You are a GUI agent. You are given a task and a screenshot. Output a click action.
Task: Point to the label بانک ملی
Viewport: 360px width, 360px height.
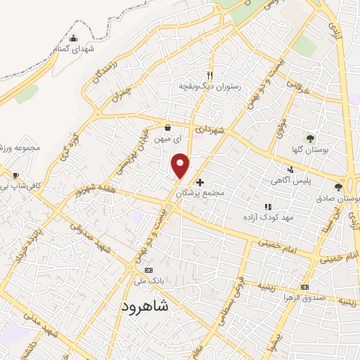(x=148, y=281)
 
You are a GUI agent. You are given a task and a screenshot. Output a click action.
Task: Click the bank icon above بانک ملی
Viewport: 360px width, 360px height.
(x=148, y=270)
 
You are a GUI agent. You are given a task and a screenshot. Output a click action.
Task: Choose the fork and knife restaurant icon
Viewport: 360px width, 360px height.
(x=210, y=75)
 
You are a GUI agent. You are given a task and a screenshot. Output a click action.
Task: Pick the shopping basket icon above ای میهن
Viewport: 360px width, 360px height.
(x=168, y=128)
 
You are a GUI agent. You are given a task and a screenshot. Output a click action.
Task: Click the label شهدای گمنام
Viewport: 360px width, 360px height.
(x=74, y=49)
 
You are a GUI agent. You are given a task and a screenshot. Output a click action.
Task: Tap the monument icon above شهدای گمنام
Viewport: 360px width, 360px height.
(x=75, y=39)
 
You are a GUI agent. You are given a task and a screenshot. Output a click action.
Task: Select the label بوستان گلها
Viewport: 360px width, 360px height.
(x=310, y=149)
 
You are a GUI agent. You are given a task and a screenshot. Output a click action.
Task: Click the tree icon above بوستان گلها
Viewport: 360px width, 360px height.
(x=310, y=138)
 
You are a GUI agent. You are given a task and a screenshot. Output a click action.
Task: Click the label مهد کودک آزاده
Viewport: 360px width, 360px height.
(x=268, y=218)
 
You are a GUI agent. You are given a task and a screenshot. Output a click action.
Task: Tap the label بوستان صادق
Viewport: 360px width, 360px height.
(x=339, y=198)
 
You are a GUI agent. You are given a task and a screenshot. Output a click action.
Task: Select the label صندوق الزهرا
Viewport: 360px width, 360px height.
(x=304, y=297)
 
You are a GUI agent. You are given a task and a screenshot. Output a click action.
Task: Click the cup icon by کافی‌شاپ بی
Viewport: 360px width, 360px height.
(x=16, y=176)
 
